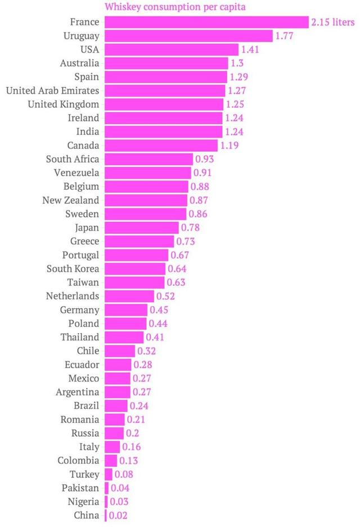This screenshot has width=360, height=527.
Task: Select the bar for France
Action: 206,22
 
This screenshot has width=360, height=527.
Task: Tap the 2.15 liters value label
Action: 333,22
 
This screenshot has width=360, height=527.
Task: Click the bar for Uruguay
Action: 188,36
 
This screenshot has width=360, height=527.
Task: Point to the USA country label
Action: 90,49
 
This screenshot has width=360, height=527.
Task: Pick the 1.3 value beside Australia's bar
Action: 237,63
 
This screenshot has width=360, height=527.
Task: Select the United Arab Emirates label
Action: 52,91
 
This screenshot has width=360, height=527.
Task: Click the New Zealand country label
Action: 71,200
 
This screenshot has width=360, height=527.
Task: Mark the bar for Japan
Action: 141,227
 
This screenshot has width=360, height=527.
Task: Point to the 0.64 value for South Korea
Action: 176,268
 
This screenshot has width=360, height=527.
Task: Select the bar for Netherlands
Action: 129,296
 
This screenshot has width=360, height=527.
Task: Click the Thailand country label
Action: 80,337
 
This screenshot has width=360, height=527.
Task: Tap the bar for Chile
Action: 119,351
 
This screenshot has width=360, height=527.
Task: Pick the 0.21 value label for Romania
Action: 136,420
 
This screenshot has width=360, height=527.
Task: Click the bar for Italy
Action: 112,447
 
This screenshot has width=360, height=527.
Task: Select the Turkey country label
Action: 85,474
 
